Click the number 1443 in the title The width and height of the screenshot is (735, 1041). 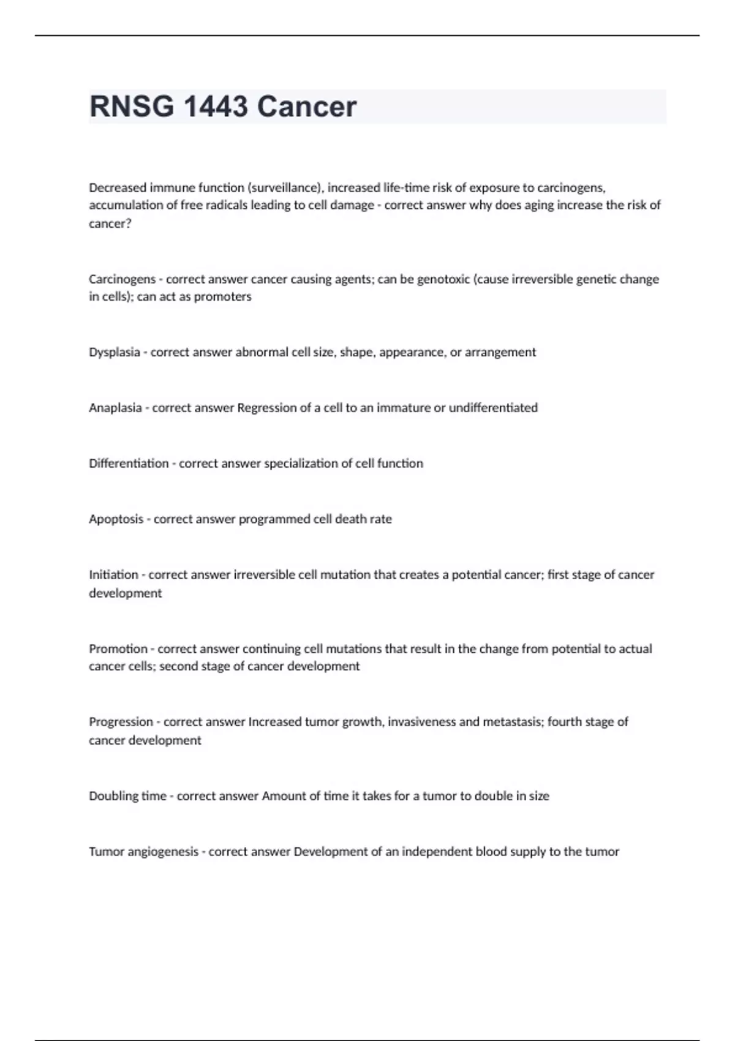(216, 107)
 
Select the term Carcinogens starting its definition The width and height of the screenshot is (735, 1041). (122, 279)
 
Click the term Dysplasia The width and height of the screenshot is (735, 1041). (115, 352)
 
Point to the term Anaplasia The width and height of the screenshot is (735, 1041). (115, 408)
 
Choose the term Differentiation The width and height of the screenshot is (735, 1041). (129, 464)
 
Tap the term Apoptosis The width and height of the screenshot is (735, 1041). (116, 519)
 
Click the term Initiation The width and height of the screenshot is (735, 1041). (113, 575)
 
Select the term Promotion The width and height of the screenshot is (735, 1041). (118, 648)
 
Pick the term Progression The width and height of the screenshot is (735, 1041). (121, 722)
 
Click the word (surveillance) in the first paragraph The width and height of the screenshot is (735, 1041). (285, 188)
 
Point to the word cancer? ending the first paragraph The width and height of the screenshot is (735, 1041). (110, 224)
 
